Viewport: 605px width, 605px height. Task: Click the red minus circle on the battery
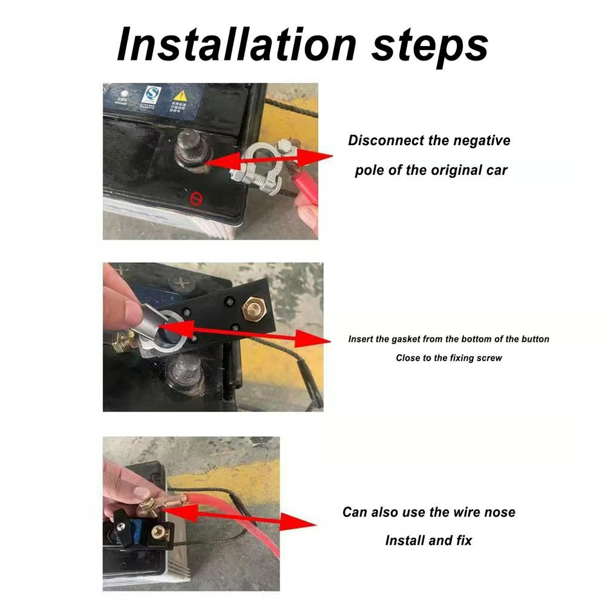pyautogui.click(x=195, y=198)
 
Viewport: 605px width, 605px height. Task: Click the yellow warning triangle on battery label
pyautogui.click(x=180, y=96)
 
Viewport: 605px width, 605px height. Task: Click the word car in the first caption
pyautogui.click(x=495, y=170)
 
